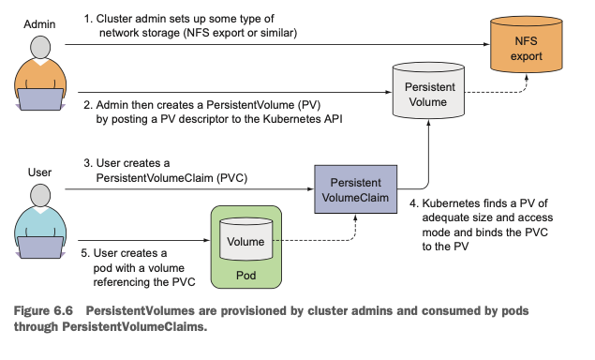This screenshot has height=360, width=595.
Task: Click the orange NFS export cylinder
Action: pos(526,44)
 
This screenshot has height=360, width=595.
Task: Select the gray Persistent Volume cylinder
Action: pos(428,90)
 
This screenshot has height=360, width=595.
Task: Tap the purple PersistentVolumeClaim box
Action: pos(355,189)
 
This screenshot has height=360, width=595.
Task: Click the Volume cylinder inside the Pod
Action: pos(245,239)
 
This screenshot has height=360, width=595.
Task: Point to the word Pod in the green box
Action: pos(245,276)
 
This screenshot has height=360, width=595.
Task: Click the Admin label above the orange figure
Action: pos(39,24)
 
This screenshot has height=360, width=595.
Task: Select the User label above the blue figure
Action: pos(39,172)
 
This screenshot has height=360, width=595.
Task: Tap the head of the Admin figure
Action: pos(40,48)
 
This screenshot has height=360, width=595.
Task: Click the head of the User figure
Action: pos(40,196)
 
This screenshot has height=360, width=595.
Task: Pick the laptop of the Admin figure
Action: pos(40,99)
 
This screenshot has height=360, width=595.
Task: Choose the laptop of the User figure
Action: pos(40,247)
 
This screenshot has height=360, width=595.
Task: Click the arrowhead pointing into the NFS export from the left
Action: pos(486,44)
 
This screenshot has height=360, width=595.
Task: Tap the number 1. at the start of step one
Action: pos(88,19)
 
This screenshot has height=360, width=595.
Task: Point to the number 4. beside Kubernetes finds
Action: pos(414,203)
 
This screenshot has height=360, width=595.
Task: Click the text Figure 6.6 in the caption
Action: pos(43,310)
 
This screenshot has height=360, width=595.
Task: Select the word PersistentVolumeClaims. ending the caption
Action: pos(135,326)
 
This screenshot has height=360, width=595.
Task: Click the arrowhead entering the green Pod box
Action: pos(207,240)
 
